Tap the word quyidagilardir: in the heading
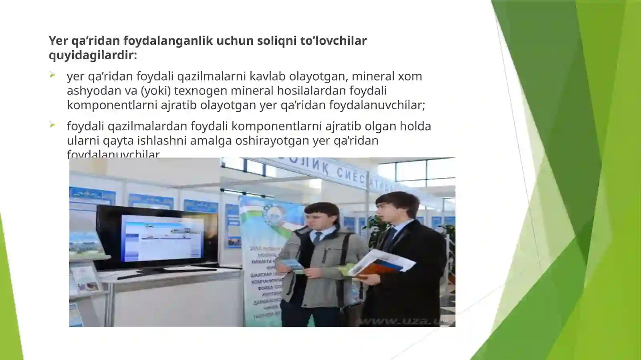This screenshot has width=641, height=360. (x=93, y=55)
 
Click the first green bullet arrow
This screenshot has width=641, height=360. (x=52, y=75)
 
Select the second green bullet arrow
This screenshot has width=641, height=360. (x=52, y=125)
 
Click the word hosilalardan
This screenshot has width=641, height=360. (x=312, y=91)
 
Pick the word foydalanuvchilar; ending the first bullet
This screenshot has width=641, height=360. (x=377, y=105)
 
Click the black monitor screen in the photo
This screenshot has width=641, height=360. (x=160, y=238)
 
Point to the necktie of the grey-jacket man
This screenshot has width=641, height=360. (x=317, y=238)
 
